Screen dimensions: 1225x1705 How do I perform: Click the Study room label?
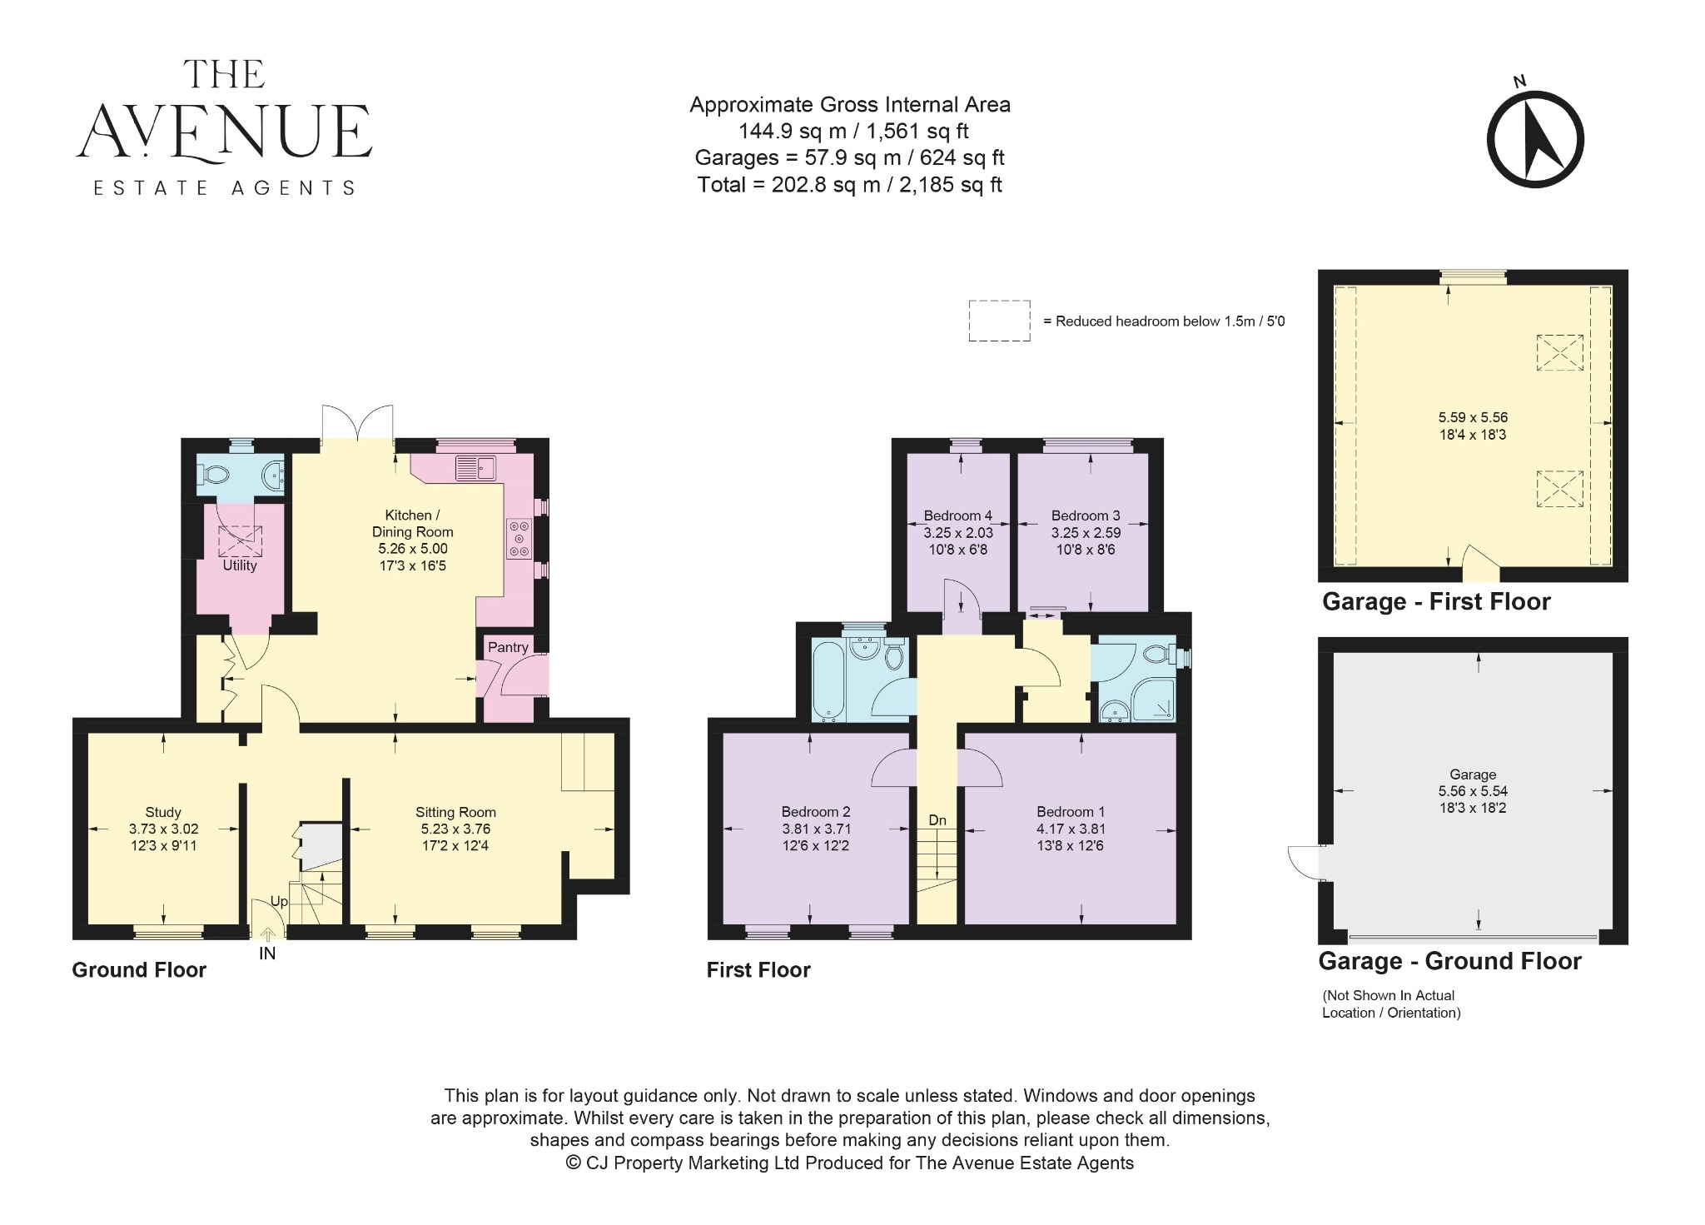(162, 812)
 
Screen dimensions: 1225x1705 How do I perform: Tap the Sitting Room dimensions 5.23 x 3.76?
(455, 829)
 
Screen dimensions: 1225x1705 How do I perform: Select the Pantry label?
(508, 647)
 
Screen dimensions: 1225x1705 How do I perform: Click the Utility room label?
(240, 565)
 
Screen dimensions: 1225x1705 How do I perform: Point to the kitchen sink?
(475, 468)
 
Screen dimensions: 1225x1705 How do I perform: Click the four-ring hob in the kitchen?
(520, 539)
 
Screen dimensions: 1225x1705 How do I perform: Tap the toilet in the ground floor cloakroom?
(216, 476)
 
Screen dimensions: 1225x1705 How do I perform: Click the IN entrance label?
(267, 954)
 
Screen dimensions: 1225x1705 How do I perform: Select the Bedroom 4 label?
(957, 515)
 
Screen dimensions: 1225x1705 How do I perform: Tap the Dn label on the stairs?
(937, 820)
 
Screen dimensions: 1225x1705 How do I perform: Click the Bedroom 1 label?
(1071, 812)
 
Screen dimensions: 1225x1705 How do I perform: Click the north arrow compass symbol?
(1535, 140)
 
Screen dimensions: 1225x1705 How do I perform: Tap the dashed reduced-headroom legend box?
(999, 321)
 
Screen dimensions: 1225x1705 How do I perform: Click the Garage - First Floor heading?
(1436, 602)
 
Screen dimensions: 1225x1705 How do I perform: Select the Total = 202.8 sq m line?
(849, 185)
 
